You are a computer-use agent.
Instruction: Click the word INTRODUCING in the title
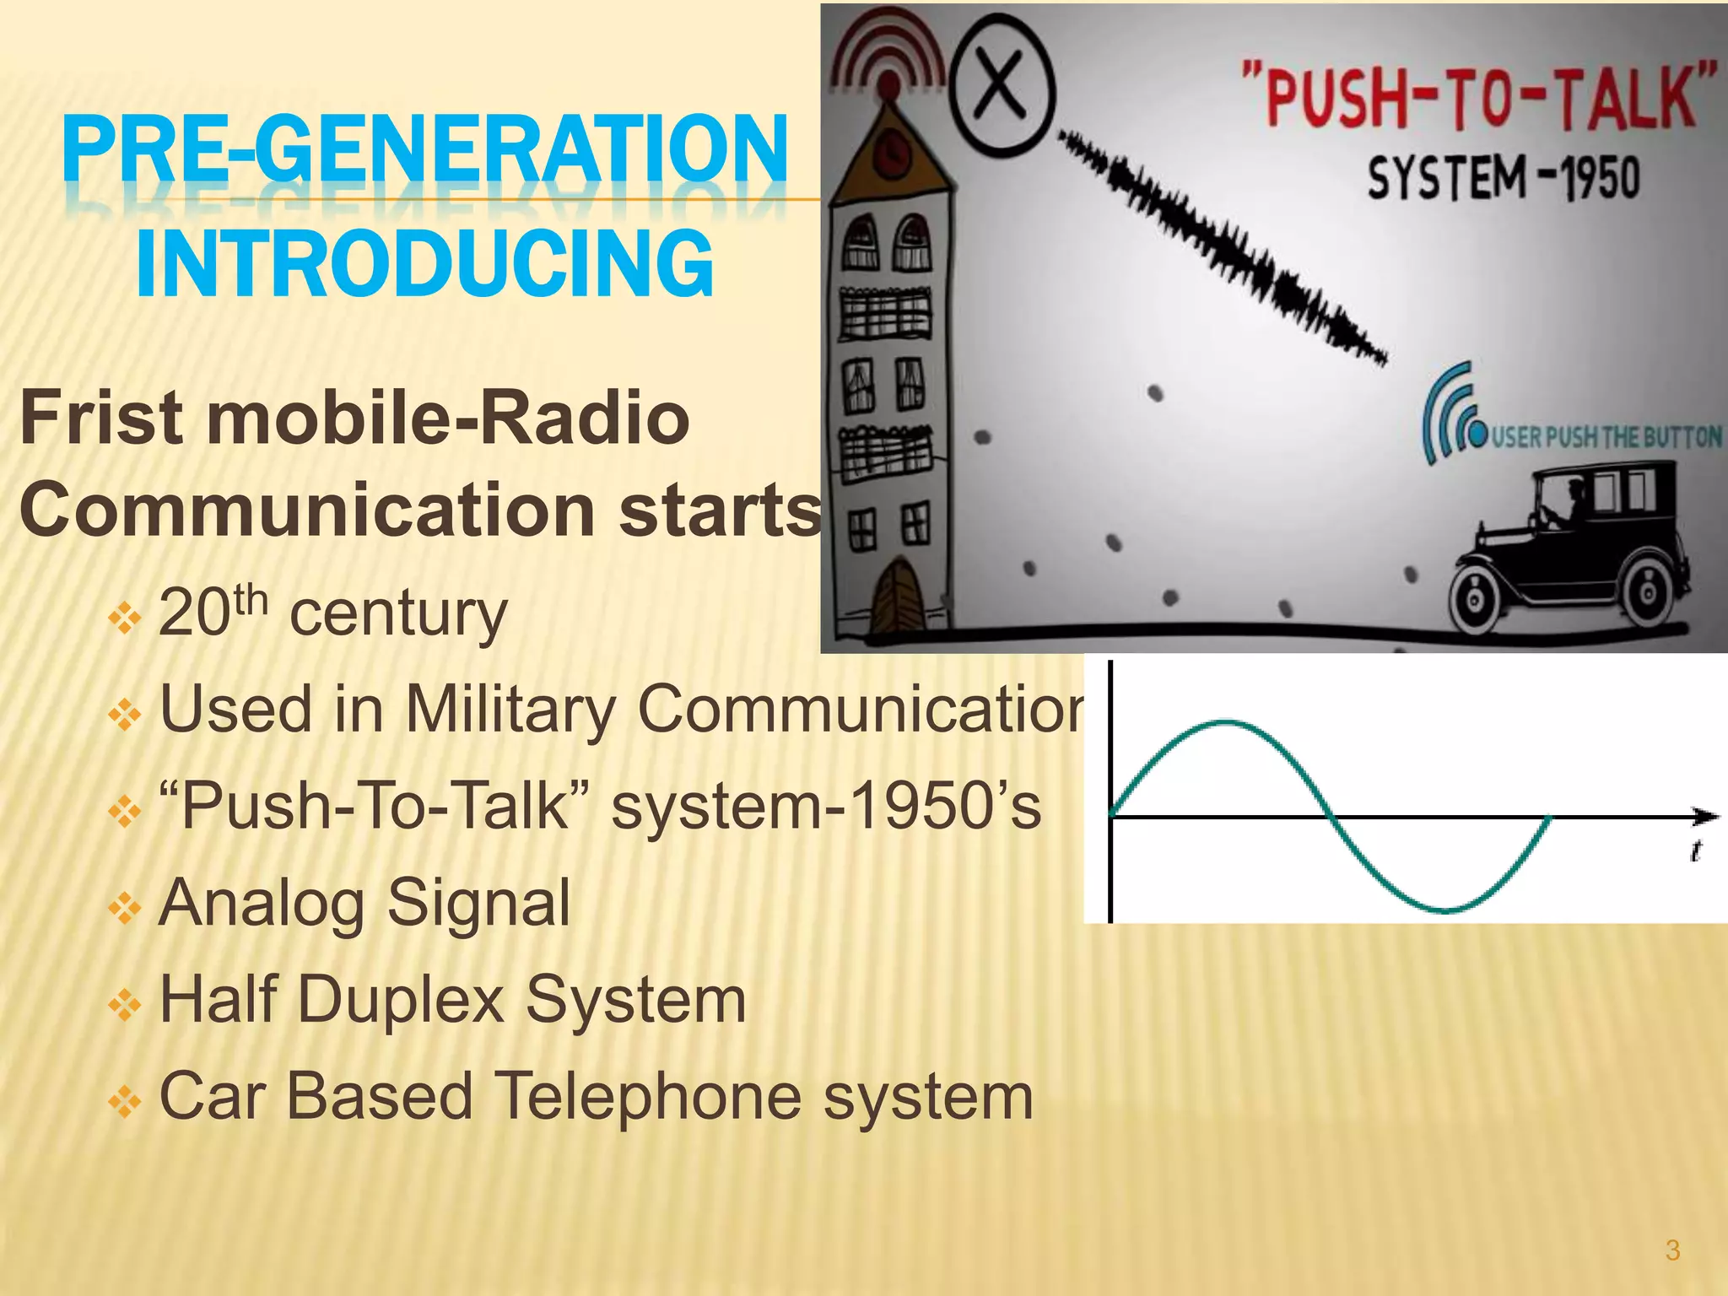[x=424, y=263]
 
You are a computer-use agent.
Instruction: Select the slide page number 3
[x=1673, y=1250]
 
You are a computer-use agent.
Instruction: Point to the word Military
[x=510, y=710]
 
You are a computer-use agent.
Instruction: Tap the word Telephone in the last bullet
[x=646, y=1097]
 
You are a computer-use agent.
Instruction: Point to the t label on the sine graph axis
[x=1695, y=850]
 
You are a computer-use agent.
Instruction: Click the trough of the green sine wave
[x=1444, y=910]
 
